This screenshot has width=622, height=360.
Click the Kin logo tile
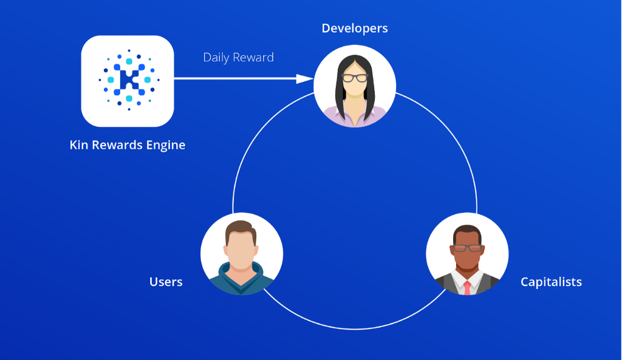[x=128, y=81]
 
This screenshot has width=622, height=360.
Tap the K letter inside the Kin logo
[x=128, y=80]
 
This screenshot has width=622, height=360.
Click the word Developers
[x=355, y=29]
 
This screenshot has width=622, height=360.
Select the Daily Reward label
[x=238, y=57]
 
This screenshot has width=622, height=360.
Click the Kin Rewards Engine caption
[x=128, y=146]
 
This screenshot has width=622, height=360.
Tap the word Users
[x=166, y=282]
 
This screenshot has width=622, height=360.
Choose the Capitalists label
[x=551, y=282]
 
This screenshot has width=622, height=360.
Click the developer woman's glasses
[x=355, y=78]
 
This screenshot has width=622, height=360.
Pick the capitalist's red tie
[x=467, y=287]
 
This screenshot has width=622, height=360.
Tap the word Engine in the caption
[x=164, y=146]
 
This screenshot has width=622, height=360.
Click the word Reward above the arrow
[x=255, y=57]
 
